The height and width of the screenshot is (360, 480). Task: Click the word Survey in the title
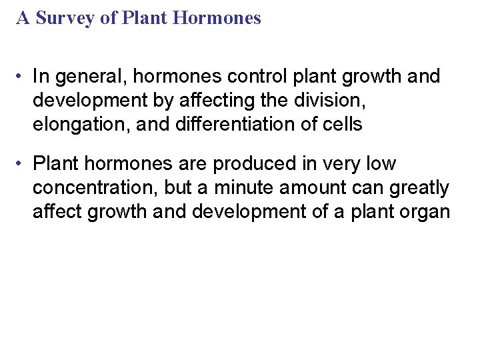[65, 18]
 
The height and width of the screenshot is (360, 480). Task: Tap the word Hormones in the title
[217, 18]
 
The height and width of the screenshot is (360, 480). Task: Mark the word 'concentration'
[91, 188]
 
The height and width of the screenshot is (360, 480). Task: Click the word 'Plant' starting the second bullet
[55, 163]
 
